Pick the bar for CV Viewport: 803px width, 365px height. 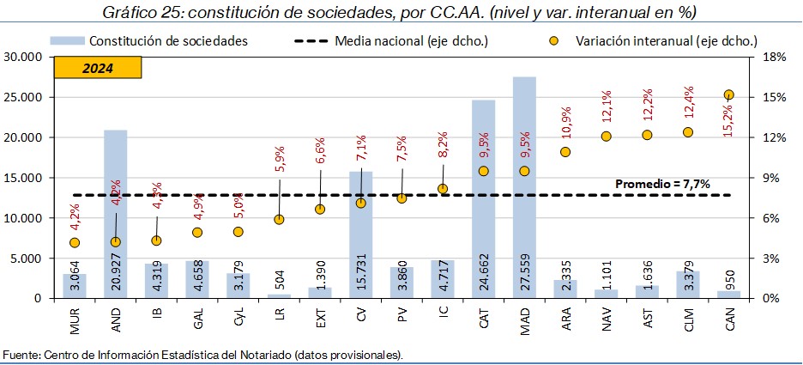pyautogui.click(x=360, y=240)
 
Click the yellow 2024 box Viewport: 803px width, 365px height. pyautogui.click(x=98, y=68)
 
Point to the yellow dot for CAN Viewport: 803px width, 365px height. pyautogui.click(x=728, y=95)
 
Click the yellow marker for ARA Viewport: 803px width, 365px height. pyautogui.click(x=565, y=152)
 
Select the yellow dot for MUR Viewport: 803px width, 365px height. pyautogui.click(x=75, y=243)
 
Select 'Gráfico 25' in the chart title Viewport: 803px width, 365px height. pyautogui.click(x=137, y=13)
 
